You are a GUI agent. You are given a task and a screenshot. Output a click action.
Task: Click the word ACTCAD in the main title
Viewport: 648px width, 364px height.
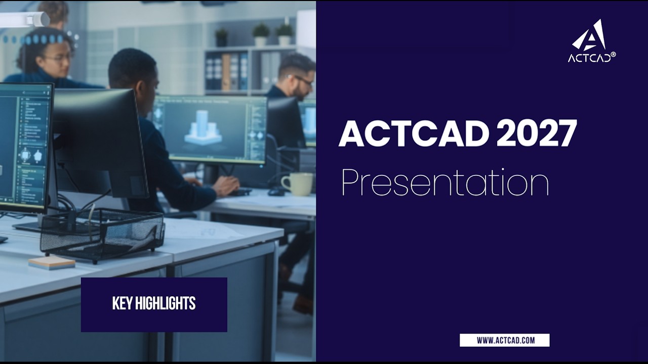tap(414, 133)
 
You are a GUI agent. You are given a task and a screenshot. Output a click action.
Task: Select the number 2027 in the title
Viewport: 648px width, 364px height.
tap(537, 133)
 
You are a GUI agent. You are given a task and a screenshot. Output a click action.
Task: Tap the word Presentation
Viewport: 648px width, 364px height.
tap(445, 182)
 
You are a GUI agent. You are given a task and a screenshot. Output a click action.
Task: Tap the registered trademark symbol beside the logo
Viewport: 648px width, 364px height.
tap(613, 55)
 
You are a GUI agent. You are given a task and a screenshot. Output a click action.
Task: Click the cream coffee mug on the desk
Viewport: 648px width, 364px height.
tap(297, 184)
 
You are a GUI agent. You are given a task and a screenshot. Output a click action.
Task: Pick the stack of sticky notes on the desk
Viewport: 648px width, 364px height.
tap(52, 263)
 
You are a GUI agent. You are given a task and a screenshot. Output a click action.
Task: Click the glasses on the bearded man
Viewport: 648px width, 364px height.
tap(302, 79)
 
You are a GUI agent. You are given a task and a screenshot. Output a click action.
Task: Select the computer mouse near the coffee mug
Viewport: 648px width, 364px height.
tap(277, 191)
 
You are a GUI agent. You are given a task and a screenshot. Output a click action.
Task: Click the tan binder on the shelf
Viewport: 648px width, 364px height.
tap(226, 72)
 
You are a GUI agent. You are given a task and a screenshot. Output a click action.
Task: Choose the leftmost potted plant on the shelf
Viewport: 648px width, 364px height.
tap(222, 37)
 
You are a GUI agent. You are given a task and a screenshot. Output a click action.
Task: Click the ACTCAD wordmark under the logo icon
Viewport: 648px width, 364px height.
tap(589, 58)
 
